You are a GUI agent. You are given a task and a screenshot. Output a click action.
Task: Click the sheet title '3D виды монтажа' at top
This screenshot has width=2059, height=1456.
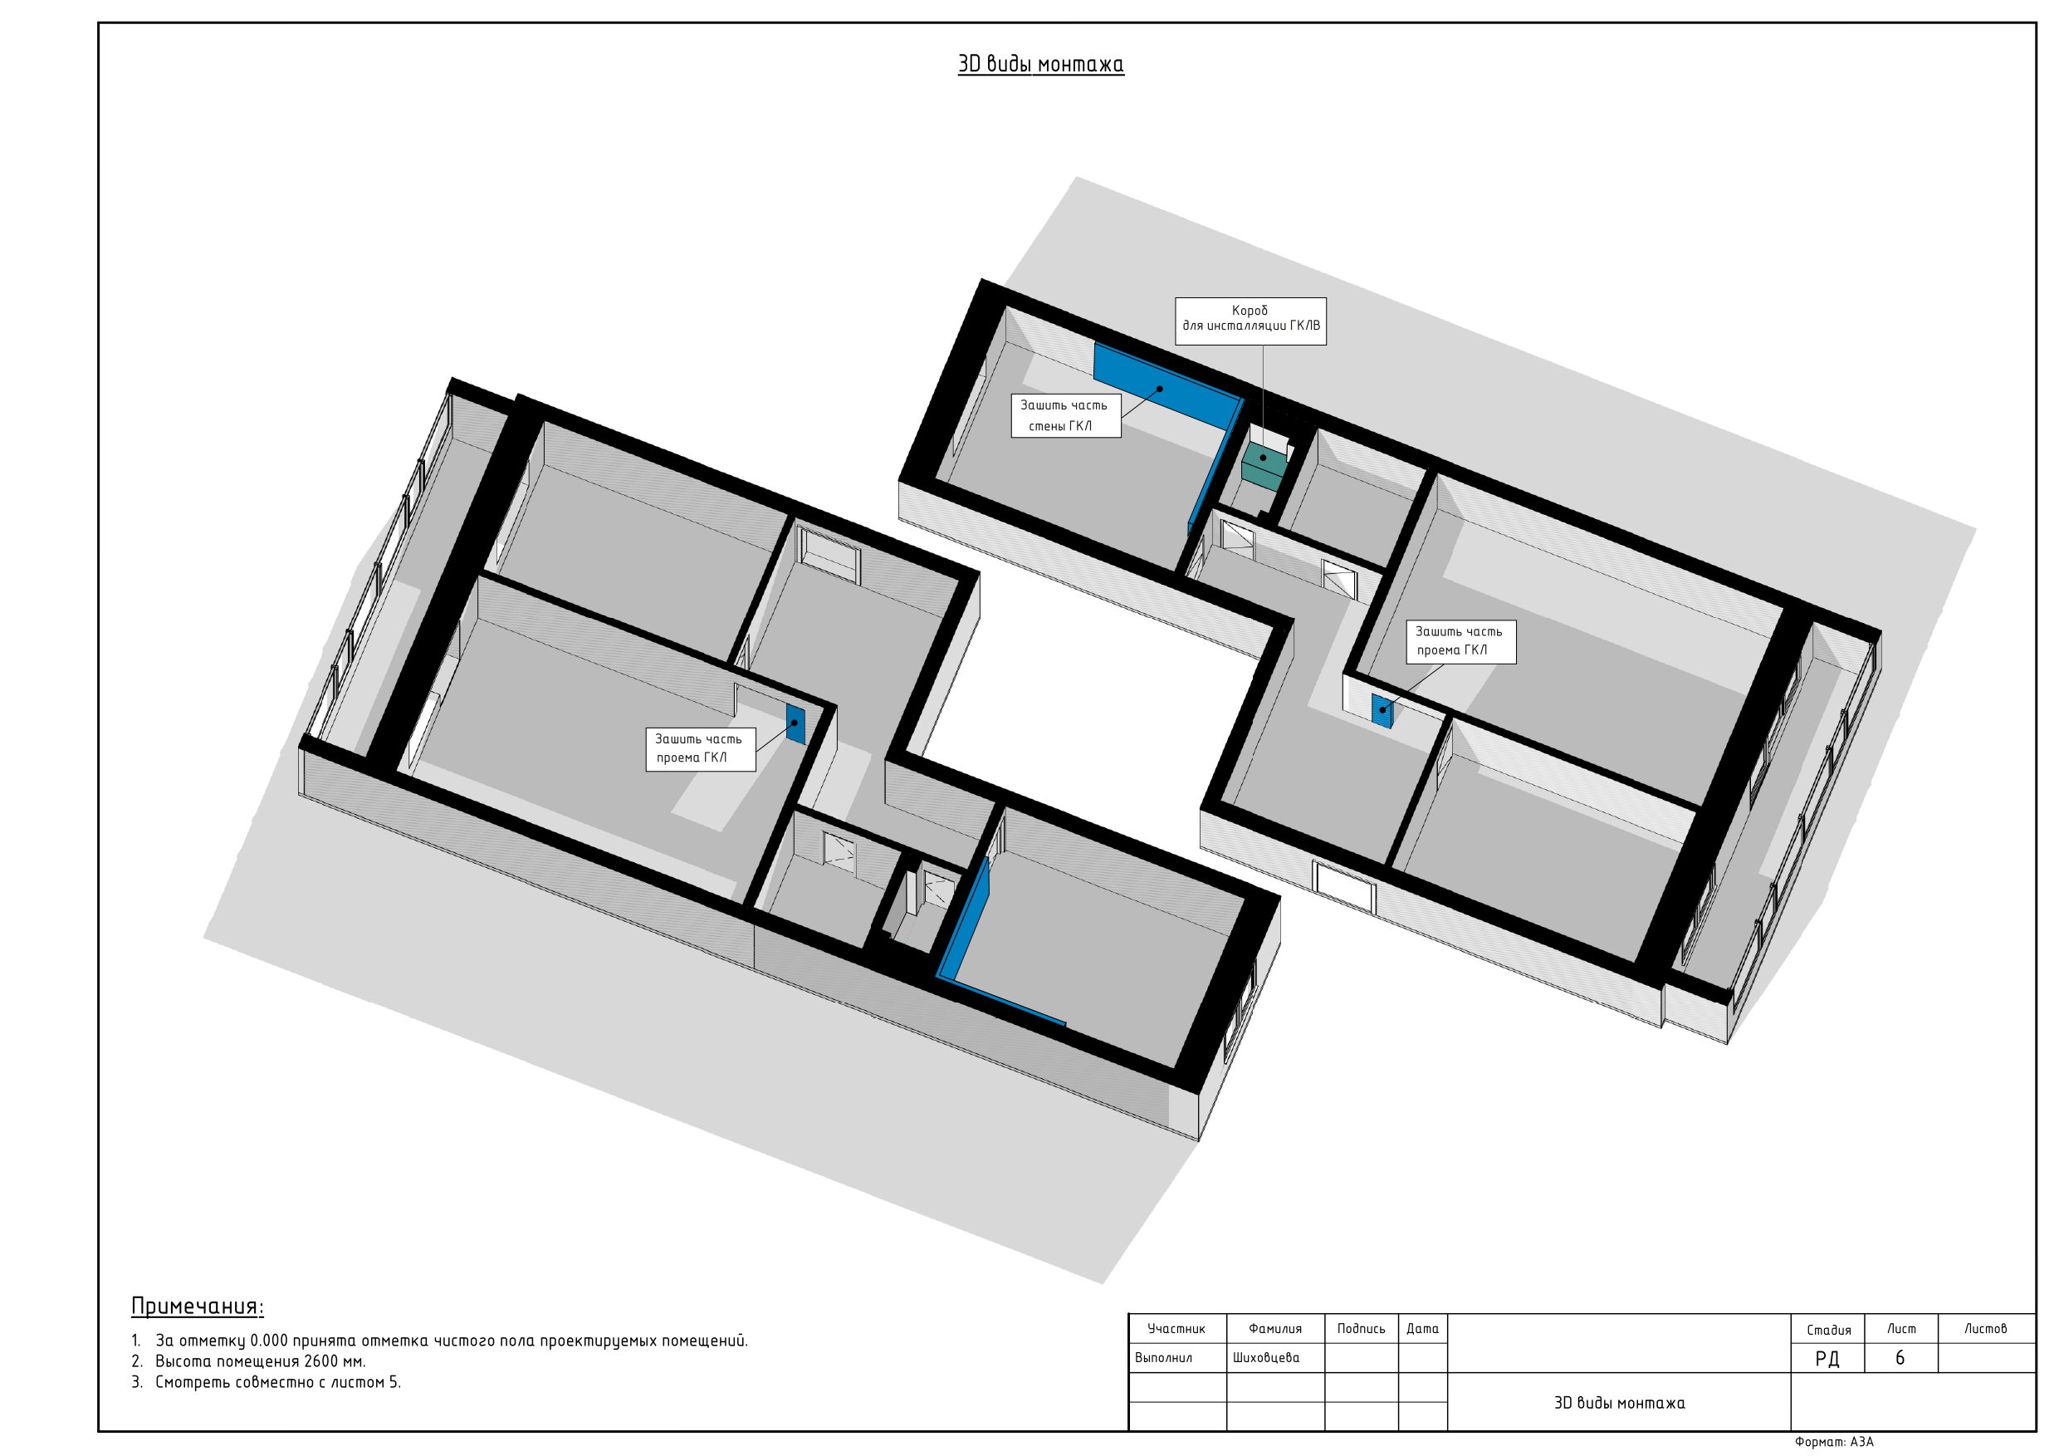[x=1040, y=64]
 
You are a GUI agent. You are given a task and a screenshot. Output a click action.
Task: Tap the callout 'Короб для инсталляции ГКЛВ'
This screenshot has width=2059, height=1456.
[x=1250, y=321]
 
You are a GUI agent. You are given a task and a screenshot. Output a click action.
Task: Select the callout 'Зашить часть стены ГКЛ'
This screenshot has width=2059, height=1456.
[x=1065, y=415]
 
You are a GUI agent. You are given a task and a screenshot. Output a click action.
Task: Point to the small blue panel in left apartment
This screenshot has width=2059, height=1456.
[x=795, y=723]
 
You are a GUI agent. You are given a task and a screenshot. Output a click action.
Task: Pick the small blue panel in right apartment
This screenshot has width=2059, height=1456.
[x=1382, y=710]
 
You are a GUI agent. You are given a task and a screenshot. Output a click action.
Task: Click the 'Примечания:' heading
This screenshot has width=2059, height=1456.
[x=198, y=1306]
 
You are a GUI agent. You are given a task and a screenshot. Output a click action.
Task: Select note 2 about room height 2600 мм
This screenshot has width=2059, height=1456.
[x=248, y=1361]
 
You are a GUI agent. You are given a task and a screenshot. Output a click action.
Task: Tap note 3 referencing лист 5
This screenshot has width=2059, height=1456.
[x=267, y=1381]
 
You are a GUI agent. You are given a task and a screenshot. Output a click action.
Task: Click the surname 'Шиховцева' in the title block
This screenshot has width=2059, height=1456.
[x=1265, y=1357]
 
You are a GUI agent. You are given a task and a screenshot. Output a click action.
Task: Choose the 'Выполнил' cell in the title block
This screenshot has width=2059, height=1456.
[x=1163, y=1357]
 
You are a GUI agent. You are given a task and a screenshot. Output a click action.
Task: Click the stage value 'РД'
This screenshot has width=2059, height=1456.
[x=1827, y=1358]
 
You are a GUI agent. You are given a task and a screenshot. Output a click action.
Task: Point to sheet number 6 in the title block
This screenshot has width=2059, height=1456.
[x=1900, y=1357]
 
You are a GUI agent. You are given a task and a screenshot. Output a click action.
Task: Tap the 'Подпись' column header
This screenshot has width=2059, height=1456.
[x=1361, y=1329]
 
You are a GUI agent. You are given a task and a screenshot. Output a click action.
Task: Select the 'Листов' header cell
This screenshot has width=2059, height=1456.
[x=1985, y=1329]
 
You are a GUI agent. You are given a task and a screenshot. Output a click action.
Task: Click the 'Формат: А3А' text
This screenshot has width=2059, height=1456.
[x=1834, y=1442]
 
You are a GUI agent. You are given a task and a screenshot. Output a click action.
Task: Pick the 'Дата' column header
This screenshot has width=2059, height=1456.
[x=1422, y=1329]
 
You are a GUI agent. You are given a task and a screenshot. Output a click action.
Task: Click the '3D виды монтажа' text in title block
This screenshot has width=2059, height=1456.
[x=1619, y=1402]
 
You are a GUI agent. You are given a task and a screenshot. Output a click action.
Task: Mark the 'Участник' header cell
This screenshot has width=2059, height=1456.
[x=1176, y=1329]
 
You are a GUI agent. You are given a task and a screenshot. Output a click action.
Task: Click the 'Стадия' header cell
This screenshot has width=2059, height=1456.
[x=1828, y=1330]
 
